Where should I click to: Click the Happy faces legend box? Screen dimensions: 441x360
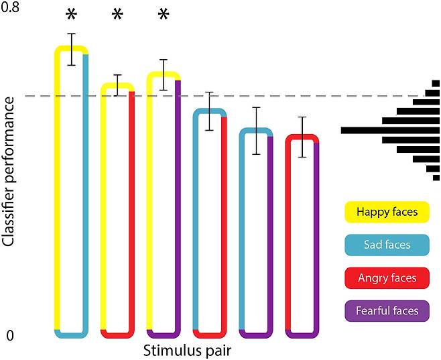click(387, 212)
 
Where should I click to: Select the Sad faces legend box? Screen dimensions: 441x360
click(387, 245)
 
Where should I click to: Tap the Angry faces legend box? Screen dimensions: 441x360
click(387, 278)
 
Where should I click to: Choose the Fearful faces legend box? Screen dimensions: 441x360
click(387, 311)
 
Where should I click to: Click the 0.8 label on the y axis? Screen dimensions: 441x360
click(10, 7)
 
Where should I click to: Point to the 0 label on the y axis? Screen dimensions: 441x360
click(10, 335)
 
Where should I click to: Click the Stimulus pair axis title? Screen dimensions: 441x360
click(187, 351)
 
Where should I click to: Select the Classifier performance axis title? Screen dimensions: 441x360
click(8, 172)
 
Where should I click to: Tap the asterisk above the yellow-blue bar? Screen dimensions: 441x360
click(72, 15)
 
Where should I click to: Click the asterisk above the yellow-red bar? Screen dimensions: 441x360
click(117, 15)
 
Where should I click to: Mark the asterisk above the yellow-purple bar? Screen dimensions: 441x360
click(164, 15)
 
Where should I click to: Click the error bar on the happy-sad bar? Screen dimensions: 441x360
click(72, 50)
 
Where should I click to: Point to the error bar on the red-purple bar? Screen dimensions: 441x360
click(302, 137)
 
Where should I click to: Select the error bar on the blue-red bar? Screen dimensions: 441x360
click(209, 111)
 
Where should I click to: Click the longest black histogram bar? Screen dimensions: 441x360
click(390, 131)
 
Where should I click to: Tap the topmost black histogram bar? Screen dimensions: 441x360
click(436, 84)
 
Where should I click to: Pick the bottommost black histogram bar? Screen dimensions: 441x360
click(436, 178)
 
